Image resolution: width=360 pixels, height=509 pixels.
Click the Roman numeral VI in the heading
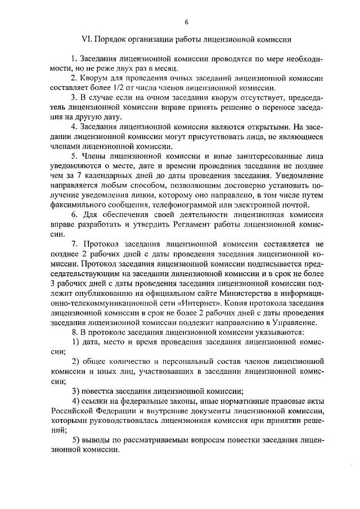point(87,40)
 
